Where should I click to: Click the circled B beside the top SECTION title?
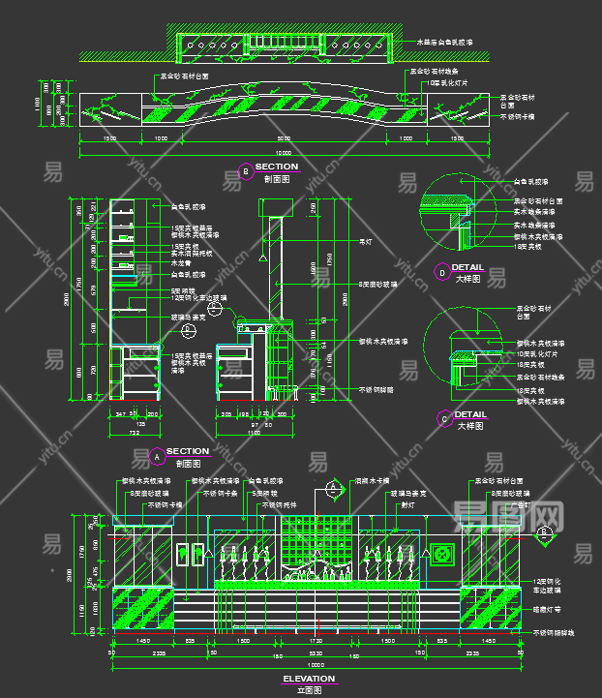coord(246,171)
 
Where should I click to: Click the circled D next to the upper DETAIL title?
coord(442,273)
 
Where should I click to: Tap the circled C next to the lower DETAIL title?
coord(444,419)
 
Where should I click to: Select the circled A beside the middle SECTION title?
coord(157,455)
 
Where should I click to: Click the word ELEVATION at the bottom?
coord(309,679)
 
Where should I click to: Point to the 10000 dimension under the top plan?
coord(282,153)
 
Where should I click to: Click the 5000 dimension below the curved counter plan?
coord(283,138)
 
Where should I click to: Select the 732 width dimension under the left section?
coord(134,433)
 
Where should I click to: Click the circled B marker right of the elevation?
coord(545,531)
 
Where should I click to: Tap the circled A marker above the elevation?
coord(332,490)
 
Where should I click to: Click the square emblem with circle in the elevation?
coord(443,555)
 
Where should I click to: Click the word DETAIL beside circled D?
coord(468,267)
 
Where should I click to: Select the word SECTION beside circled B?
coord(277,167)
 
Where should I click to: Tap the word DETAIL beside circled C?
coord(470,414)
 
